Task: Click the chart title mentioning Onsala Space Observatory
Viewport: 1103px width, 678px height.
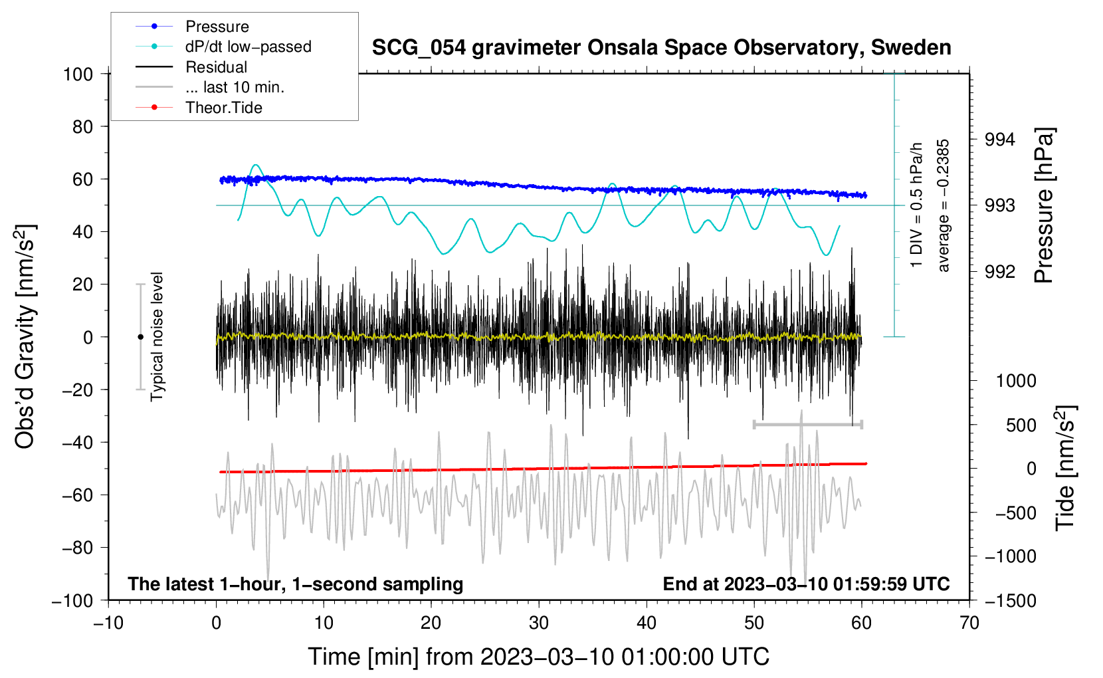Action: tap(661, 48)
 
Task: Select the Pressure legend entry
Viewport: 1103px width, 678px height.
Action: tap(217, 27)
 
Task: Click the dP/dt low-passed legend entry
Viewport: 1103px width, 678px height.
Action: tap(248, 47)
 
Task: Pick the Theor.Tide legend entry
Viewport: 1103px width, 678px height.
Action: tap(223, 108)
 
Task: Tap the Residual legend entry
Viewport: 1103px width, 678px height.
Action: tap(216, 67)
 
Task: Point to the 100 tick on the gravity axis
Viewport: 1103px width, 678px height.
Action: tap(78, 74)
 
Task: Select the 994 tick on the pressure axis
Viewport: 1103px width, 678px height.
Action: tap(1000, 140)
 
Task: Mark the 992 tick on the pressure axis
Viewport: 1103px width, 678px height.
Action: tap(1000, 271)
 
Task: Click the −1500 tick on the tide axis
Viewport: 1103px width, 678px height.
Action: tap(1011, 600)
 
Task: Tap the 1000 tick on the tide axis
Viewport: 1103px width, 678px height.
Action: tap(1015, 381)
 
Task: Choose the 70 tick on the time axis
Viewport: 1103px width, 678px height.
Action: tap(969, 623)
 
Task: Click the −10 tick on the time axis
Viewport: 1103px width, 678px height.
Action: tap(108, 623)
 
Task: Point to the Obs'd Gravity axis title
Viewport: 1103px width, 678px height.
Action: tap(25, 336)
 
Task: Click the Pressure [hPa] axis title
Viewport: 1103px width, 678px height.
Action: tap(1045, 205)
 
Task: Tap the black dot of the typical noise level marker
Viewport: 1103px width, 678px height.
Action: tap(140, 337)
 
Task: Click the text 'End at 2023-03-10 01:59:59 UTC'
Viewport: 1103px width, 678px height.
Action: tap(806, 584)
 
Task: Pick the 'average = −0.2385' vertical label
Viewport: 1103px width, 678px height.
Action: tap(944, 205)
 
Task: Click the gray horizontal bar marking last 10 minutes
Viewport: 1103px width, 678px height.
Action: tap(807, 424)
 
